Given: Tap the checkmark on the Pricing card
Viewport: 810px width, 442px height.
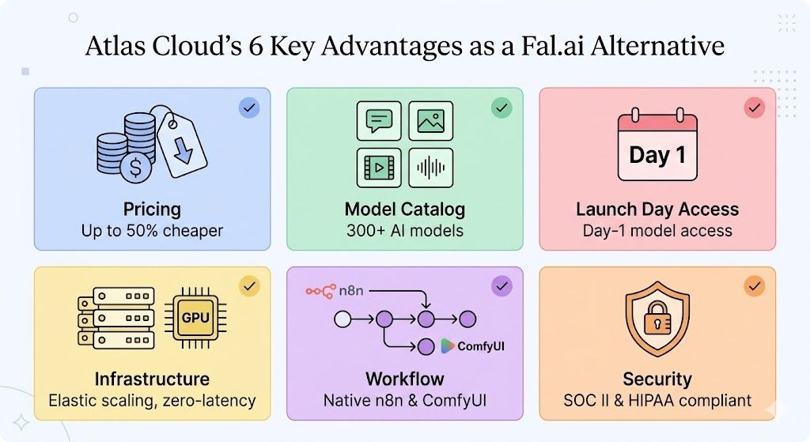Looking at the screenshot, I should click(249, 108).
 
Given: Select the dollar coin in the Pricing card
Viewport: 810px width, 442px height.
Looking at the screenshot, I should click(138, 168).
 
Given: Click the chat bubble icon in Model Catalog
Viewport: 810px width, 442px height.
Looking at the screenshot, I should click(379, 121).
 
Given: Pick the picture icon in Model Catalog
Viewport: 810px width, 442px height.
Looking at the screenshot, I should click(430, 121).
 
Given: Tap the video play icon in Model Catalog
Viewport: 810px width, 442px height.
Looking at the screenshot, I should click(379, 167).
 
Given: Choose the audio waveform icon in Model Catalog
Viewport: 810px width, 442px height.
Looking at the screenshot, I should click(430, 167).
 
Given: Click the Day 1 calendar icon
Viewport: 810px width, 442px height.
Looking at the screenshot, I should click(657, 148).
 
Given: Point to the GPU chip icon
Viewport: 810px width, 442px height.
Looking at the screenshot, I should click(195, 318).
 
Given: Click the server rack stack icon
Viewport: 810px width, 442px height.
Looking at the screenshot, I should click(115, 319).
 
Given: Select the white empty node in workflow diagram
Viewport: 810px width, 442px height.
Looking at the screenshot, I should click(343, 319).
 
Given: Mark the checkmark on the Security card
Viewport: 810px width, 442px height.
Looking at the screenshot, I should click(754, 285).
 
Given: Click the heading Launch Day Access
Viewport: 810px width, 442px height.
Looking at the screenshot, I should click(657, 210).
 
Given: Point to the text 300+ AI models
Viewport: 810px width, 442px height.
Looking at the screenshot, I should click(404, 232).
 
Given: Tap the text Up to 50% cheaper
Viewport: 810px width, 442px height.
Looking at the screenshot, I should click(152, 232).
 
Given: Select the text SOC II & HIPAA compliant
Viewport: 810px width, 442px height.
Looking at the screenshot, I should click(657, 401).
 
